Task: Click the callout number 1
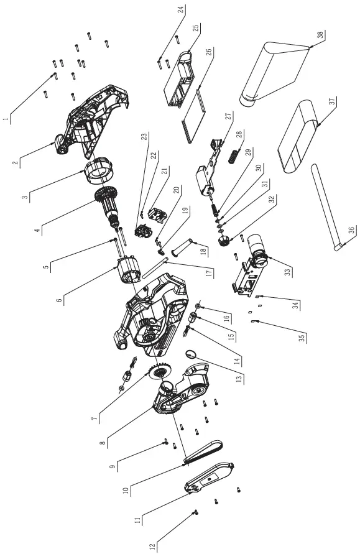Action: pos(6,117)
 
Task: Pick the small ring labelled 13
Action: pos(192,355)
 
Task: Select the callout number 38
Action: pos(320,36)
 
